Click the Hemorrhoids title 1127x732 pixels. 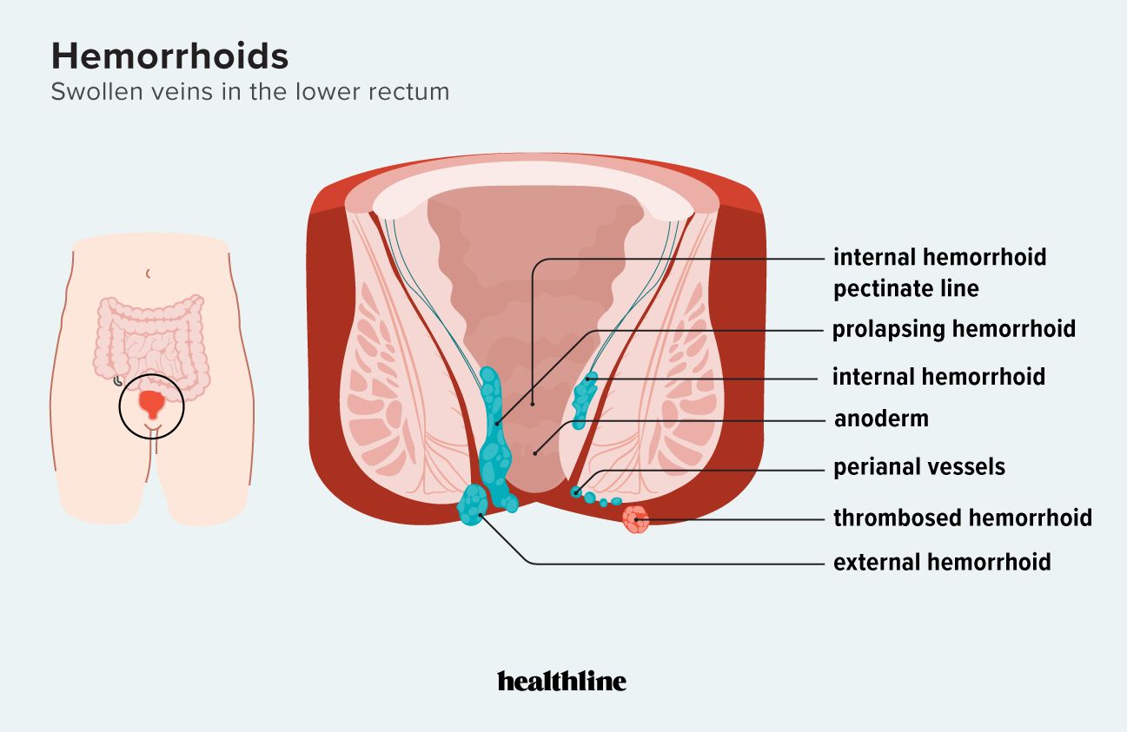click(x=169, y=56)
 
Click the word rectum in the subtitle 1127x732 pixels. click(x=414, y=92)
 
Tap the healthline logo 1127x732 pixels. click(x=561, y=682)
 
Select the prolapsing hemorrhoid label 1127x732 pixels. click(x=953, y=330)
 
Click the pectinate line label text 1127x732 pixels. click(x=905, y=289)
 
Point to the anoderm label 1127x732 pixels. click(x=881, y=419)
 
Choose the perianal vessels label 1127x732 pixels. click(x=918, y=467)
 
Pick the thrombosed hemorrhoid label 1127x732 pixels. click(x=962, y=518)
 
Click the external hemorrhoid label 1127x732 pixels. click(x=942, y=563)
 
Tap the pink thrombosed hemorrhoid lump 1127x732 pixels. click(x=636, y=520)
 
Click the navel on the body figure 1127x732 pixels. click(x=149, y=274)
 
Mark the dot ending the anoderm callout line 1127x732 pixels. click(x=537, y=452)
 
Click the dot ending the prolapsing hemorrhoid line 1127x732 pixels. click(x=497, y=423)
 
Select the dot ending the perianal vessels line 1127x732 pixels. click(x=575, y=492)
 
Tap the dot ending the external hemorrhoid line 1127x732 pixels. click(x=479, y=516)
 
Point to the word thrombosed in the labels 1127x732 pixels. click(x=899, y=518)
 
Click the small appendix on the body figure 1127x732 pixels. click(x=117, y=379)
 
